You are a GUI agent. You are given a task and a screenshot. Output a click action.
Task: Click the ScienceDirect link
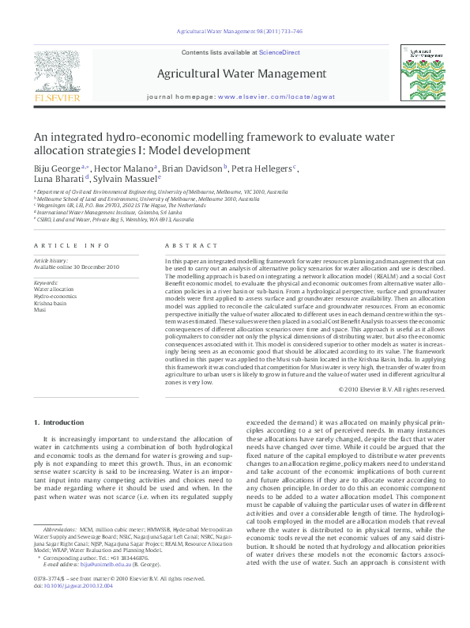click(280, 52)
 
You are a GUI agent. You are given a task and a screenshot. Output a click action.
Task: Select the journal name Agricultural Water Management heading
click(242, 74)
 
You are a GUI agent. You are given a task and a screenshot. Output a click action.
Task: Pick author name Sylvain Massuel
click(126, 180)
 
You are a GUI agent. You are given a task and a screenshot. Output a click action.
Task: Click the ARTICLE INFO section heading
click(71, 246)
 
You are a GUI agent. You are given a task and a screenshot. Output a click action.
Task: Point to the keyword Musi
click(39, 310)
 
